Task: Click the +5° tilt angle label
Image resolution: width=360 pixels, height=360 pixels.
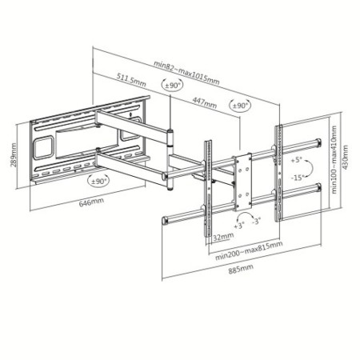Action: pos(297,160)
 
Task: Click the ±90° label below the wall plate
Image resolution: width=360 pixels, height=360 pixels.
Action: pos(99,180)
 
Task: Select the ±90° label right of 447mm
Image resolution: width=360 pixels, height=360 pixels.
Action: pos(239,105)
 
